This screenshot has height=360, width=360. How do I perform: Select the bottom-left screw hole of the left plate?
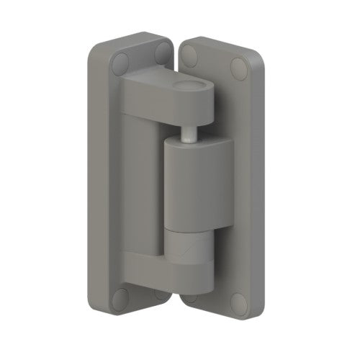(x=121, y=297)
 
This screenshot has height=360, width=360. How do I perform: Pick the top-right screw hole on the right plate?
(x=238, y=68)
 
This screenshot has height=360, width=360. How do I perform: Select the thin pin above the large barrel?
(x=188, y=133)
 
